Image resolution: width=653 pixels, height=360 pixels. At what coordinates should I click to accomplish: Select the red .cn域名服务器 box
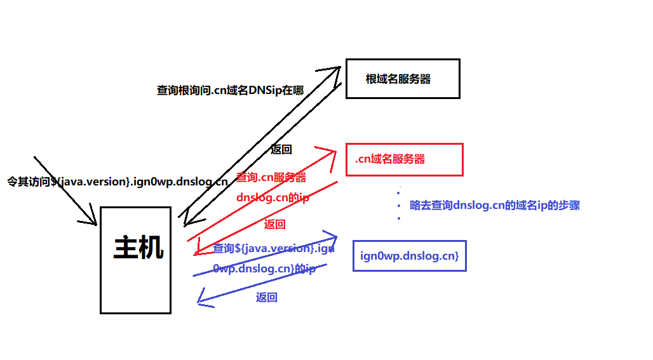tap(404, 159)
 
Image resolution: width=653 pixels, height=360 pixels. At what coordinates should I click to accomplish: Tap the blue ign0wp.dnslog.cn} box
tap(409, 256)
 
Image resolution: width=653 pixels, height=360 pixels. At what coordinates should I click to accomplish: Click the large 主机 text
tap(138, 248)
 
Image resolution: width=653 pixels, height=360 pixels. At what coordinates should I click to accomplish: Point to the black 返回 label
tap(281, 150)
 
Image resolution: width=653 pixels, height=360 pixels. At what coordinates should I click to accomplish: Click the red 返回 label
tap(274, 224)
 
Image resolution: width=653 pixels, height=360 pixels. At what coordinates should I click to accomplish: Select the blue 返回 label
tap(267, 297)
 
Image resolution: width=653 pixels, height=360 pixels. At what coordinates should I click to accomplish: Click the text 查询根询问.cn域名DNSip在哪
tap(230, 91)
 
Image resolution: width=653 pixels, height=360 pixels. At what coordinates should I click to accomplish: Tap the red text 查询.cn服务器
tap(271, 178)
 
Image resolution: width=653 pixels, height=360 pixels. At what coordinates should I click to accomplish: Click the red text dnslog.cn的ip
tap(273, 197)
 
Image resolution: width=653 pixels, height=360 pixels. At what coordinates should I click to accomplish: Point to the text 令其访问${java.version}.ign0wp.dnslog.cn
tap(117, 182)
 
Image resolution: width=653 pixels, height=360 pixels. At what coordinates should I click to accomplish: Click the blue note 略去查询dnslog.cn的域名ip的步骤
tap(495, 206)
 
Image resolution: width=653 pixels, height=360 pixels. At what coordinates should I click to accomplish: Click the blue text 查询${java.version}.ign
tap(273, 248)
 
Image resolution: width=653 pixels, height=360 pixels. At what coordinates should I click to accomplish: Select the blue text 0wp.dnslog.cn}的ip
tap(264, 269)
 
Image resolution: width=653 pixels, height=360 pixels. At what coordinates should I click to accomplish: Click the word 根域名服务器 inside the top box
tap(398, 79)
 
